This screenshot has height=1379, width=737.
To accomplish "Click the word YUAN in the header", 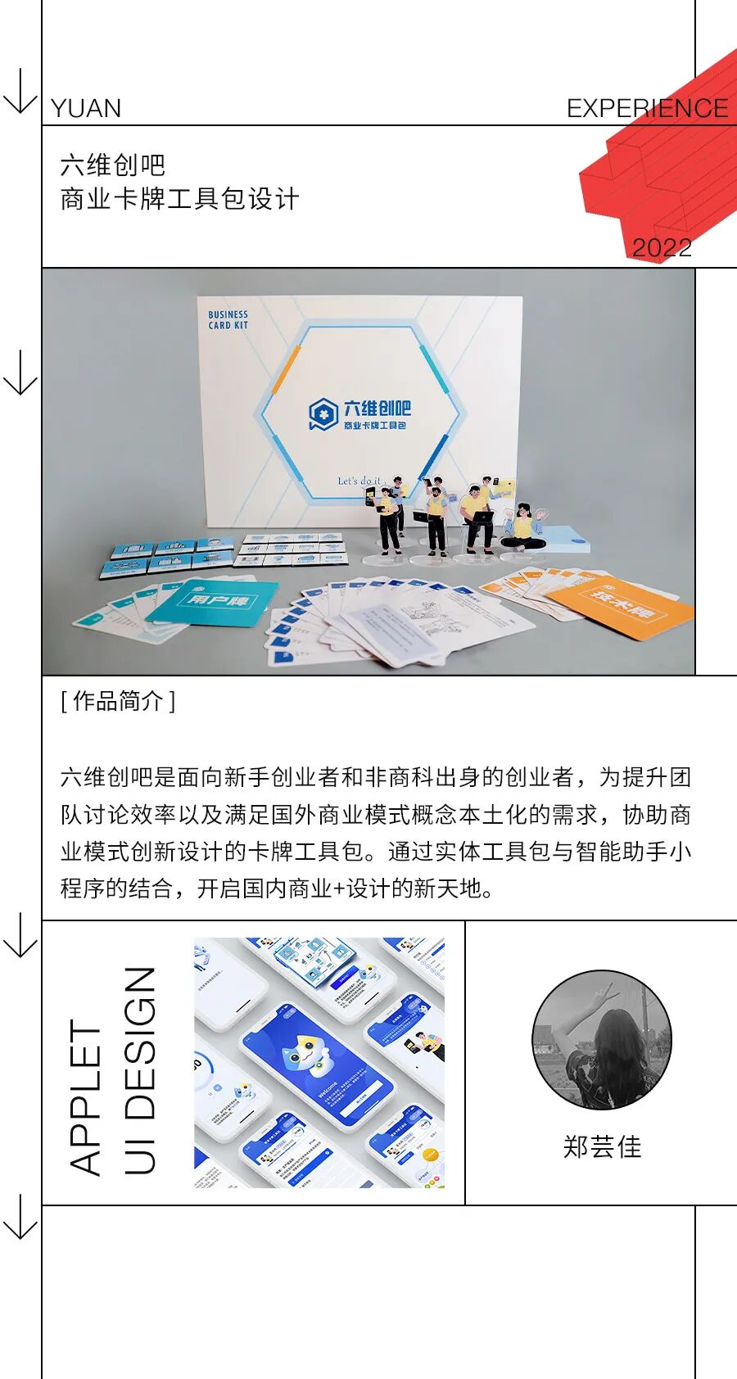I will coord(86,109).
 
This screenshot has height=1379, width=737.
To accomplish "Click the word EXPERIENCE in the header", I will coord(647,109).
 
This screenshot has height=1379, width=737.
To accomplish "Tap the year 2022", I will coord(662,247).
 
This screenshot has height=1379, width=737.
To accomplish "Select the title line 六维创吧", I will coord(113,165).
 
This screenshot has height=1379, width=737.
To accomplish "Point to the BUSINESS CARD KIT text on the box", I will coord(228,319).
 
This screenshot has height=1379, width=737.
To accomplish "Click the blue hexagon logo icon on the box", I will coord(323,414).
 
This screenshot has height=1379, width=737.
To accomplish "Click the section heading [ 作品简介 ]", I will coord(118,701).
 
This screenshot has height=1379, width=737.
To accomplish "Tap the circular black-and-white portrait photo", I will coord(602,1040).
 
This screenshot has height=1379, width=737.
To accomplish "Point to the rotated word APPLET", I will coord(85,1097).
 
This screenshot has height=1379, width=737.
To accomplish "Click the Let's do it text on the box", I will coord(359,481).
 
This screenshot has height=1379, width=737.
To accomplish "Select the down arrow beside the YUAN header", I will coord(20,92).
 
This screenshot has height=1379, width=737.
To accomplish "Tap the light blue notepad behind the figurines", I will coord(565,536).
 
